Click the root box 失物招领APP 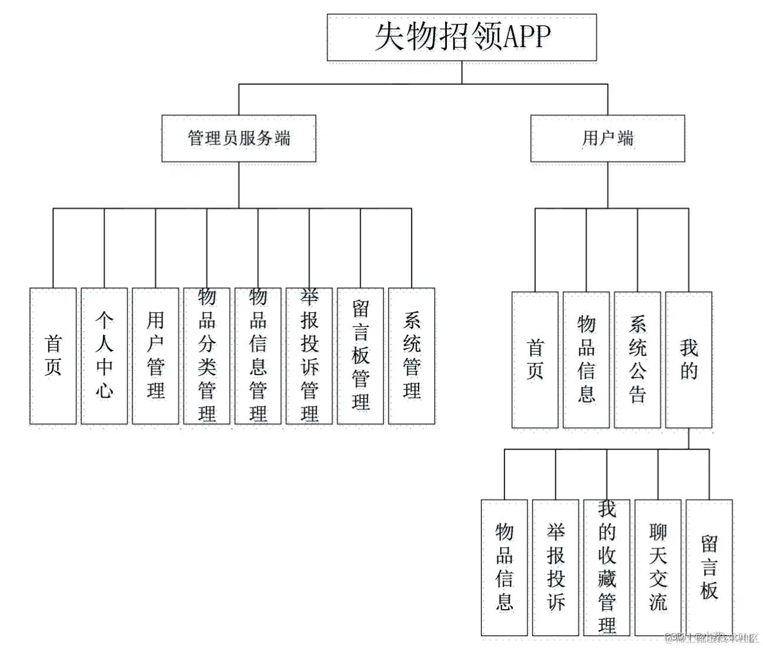click(x=462, y=38)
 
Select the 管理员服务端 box click(x=238, y=138)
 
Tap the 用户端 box click(x=607, y=138)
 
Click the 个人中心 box click(x=104, y=356)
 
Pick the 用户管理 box click(x=155, y=356)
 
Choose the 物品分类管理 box click(x=207, y=356)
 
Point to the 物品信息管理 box click(x=258, y=356)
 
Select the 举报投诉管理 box click(x=309, y=356)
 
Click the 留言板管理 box click(x=360, y=356)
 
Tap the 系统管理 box click(x=412, y=356)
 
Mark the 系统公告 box click(x=637, y=359)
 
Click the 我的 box click(x=688, y=359)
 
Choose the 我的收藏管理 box click(x=606, y=568)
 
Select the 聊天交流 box click(x=658, y=568)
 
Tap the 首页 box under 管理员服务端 click(x=53, y=356)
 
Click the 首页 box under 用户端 click(x=535, y=359)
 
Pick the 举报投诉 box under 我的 click(x=555, y=568)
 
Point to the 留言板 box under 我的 click(x=709, y=568)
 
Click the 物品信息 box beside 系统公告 click(x=586, y=359)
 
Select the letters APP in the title click(x=527, y=37)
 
